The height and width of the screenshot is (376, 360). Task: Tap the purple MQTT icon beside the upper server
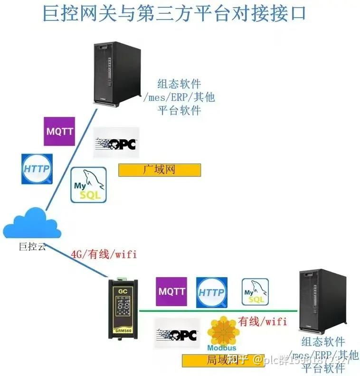click(x=59, y=131)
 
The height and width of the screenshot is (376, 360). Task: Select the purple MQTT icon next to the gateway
click(x=171, y=291)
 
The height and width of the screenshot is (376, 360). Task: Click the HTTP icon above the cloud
click(x=37, y=169)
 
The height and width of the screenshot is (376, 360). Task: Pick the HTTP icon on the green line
click(x=211, y=292)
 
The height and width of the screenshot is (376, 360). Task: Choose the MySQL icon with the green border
click(x=88, y=185)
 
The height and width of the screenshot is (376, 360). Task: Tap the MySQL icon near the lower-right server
click(x=255, y=291)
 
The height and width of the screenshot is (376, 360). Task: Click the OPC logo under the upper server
click(x=116, y=143)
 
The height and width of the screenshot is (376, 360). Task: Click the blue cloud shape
click(x=32, y=223)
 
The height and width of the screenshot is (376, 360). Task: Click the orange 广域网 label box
click(x=160, y=170)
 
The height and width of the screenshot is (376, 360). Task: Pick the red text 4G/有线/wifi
click(x=104, y=254)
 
